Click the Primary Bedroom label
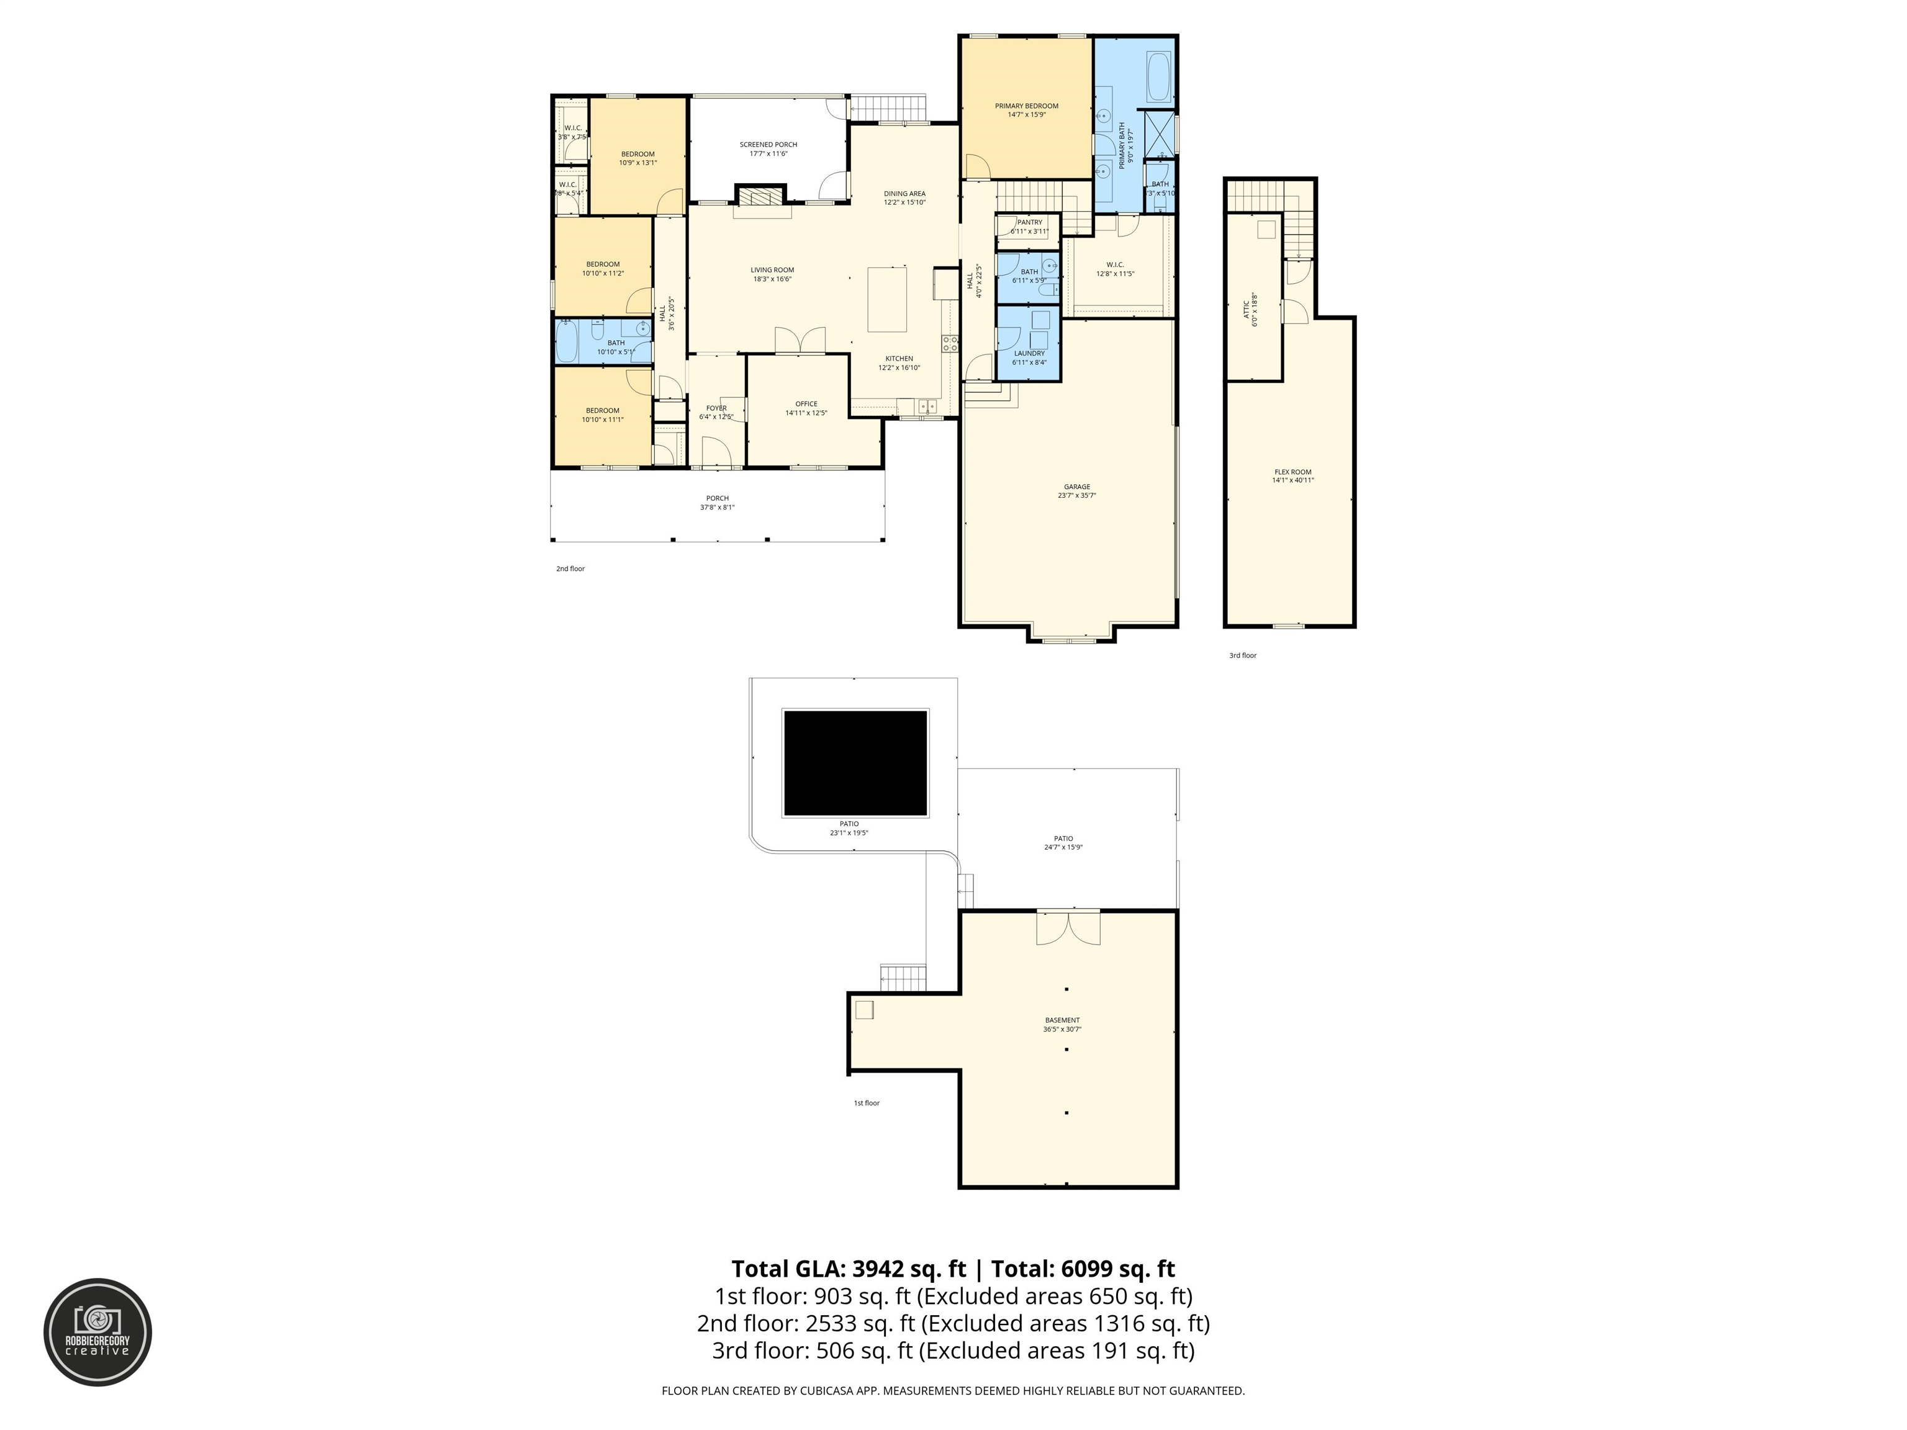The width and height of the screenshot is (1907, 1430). (1026, 106)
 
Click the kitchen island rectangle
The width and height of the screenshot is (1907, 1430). (887, 299)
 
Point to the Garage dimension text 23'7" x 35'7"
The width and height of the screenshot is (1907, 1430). (1077, 496)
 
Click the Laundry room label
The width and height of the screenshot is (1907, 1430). (1029, 353)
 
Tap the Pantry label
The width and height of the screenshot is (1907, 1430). (1029, 222)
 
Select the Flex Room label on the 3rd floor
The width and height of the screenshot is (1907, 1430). (1292, 472)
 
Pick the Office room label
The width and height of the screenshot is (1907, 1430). (806, 404)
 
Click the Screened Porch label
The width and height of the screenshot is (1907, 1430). (768, 145)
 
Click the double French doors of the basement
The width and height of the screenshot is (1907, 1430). (1068, 927)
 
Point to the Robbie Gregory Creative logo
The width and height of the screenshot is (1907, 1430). (97, 1332)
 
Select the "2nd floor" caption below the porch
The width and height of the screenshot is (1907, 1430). (570, 569)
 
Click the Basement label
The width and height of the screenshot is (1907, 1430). (1062, 1020)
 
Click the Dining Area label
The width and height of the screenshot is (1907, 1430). (904, 194)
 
